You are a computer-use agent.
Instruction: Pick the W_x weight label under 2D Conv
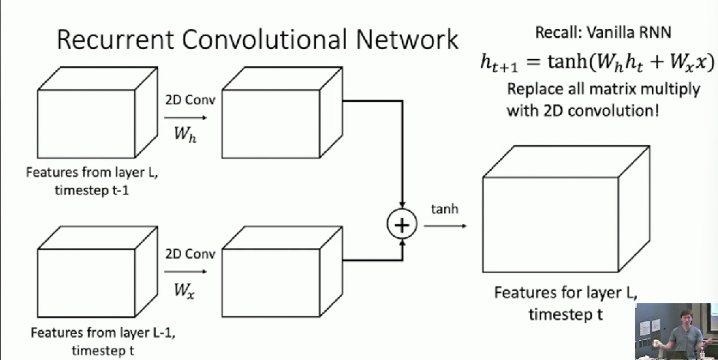185,290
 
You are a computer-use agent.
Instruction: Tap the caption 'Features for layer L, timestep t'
566,303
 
